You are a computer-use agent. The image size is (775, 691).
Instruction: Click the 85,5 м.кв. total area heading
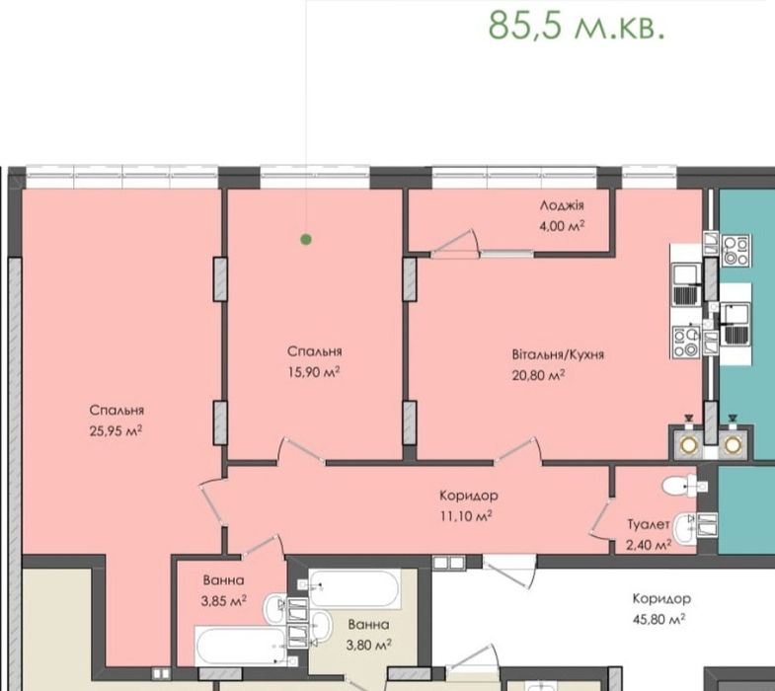tap(576, 25)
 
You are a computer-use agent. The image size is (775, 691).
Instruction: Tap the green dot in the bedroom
tap(306, 239)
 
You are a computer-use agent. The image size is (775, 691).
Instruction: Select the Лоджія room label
tap(562, 205)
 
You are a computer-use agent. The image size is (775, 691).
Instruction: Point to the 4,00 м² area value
tap(562, 225)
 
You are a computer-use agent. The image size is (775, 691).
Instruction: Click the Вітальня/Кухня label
tap(558, 354)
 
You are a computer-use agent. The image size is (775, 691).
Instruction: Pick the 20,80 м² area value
tap(538, 375)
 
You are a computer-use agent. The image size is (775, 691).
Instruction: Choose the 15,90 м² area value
tap(314, 372)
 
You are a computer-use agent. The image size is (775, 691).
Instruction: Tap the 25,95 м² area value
tap(116, 430)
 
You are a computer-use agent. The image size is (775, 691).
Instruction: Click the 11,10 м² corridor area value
tap(466, 515)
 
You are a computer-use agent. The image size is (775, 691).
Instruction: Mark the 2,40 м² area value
tap(649, 544)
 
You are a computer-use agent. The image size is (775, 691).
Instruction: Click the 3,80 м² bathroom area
tap(367, 645)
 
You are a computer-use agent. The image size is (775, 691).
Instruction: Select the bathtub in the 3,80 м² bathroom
tap(354, 591)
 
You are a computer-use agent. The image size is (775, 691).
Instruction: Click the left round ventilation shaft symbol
tap(687, 445)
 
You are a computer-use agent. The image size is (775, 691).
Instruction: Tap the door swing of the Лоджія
tap(456, 244)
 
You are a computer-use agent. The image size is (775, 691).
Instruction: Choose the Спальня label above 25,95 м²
tap(116, 411)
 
